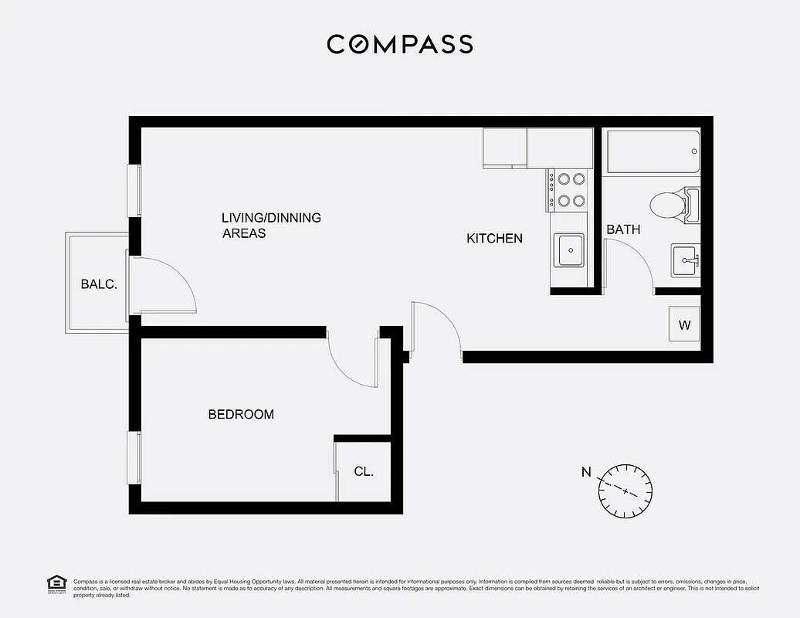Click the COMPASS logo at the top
(x=399, y=44)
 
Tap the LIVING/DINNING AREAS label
(x=270, y=225)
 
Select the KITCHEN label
(x=494, y=239)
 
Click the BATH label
(x=622, y=229)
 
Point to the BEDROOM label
(x=241, y=415)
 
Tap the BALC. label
(x=99, y=284)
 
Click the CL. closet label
(x=364, y=471)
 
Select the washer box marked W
(x=684, y=325)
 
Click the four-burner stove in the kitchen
(x=570, y=190)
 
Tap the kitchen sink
(x=570, y=250)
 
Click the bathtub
(x=653, y=151)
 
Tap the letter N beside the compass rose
(x=586, y=472)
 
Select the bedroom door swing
(x=351, y=359)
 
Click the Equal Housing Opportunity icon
(x=56, y=584)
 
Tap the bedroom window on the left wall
(x=134, y=457)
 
